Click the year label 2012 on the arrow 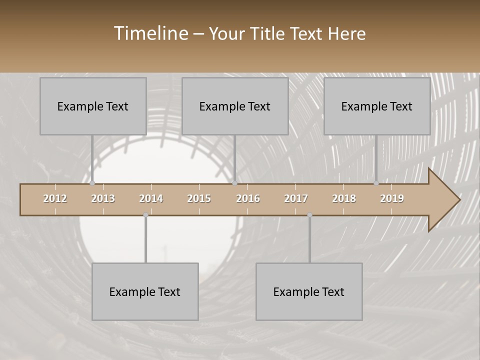pyautogui.click(x=55, y=198)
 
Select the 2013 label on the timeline pyautogui.click(x=103, y=198)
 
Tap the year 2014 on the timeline pyautogui.click(x=151, y=198)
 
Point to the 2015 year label pyautogui.click(x=199, y=198)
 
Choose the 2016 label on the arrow pyautogui.click(x=248, y=198)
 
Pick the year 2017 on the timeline pyautogui.click(x=296, y=198)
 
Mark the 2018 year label pyautogui.click(x=344, y=198)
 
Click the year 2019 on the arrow pyautogui.click(x=392, y=198)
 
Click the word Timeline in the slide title pyautogui.click(x=150, y=33)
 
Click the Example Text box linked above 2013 pyautogui.click(x=93, y=106)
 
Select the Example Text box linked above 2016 pyautogui.click(x=235, y=106)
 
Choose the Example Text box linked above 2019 pyautogui.click(x=377, y=106)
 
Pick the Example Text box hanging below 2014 pyautogui.click(x=145, y=291)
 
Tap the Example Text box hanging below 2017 pyautogui.click(x=309, y=291)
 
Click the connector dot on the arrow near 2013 pyautogui.click(x=92, y=183)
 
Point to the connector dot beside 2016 pyautogui.click(x=235, y=183)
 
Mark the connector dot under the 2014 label pyautogui.click(x=145, y=215)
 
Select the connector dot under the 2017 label pyautogui.click(x=309, y=215)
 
